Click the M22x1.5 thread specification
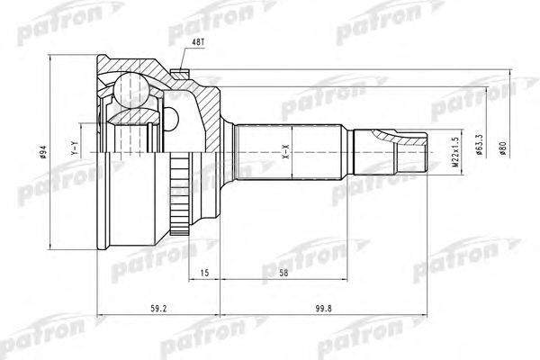(456, 156)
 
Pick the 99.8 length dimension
(338, 310)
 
